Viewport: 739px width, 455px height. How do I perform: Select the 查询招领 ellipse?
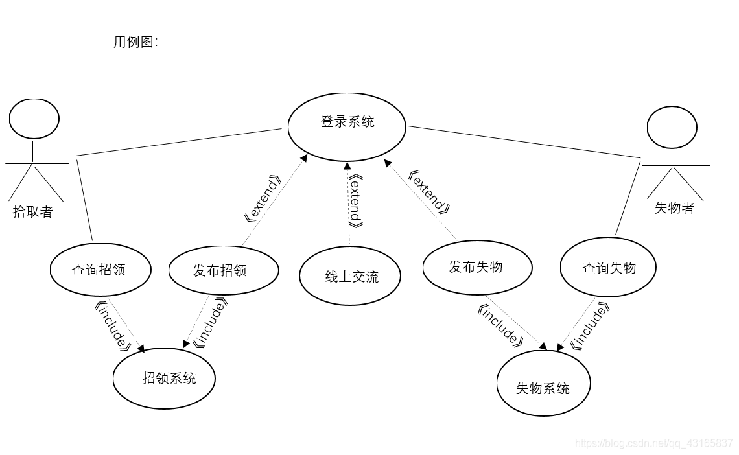coord(100,270)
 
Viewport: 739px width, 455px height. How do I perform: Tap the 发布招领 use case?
coord(224,270)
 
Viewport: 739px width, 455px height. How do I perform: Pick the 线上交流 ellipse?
coord(350,277)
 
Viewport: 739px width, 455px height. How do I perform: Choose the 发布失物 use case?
coord(477,267)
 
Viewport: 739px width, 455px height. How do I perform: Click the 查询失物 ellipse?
coord(608,268)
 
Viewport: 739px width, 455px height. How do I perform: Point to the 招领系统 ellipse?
coord(164,378)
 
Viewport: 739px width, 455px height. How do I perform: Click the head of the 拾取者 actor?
coord(34,118)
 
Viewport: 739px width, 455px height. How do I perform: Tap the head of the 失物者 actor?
coord(673,127)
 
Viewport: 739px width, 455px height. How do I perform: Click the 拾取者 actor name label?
coord(32,212)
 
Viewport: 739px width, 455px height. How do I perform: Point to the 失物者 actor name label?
coord(674,208)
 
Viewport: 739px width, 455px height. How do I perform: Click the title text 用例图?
coord(135,43)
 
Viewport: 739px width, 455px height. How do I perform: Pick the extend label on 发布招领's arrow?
coord(262,198)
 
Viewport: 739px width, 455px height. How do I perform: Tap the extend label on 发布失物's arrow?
coord(429,191)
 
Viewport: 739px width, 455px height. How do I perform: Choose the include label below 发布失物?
coord(500,326)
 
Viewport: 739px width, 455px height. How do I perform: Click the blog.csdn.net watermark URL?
coord(653,443)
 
